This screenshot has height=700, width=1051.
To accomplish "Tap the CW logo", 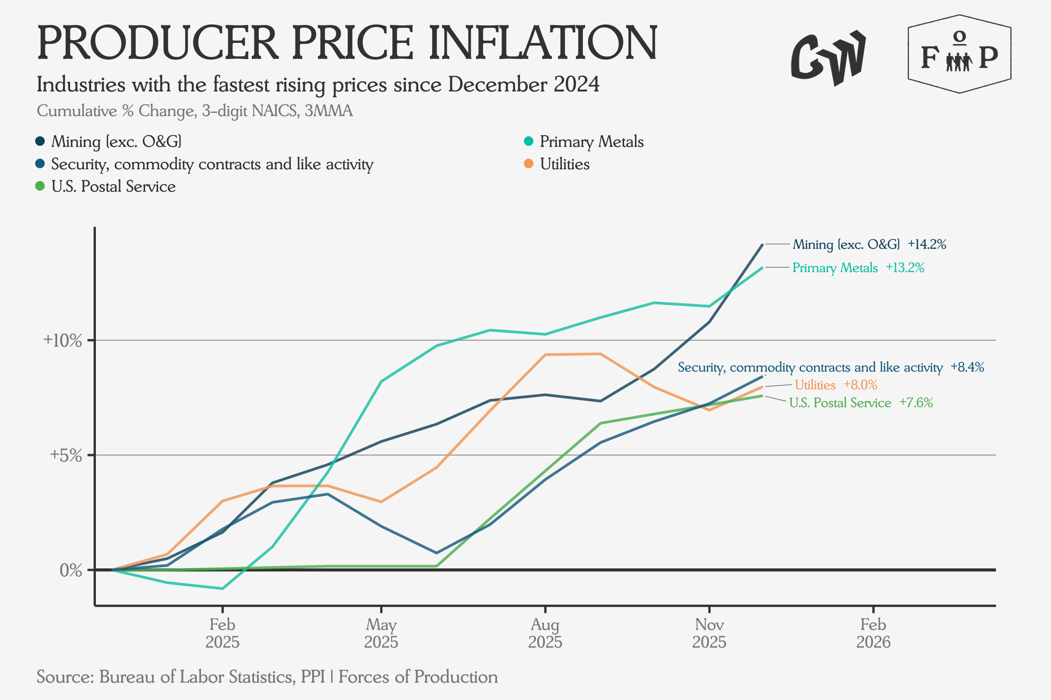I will click(x=828, y=58).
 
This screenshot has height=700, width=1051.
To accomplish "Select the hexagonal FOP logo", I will click(x=959, y=54).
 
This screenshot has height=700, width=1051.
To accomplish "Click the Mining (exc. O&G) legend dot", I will click(x=40, y=141).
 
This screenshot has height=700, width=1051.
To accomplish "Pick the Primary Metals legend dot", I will click(x=529, y=141).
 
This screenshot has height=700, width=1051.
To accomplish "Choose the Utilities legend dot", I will click(x=529, y=164).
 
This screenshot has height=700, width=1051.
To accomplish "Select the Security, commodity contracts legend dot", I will click(x=40, y=164).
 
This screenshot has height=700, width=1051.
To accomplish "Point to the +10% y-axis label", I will click(x=63, y=341).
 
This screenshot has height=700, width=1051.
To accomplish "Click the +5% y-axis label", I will click(x=66, y=455).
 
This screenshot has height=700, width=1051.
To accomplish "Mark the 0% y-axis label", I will click(x=71, y=570).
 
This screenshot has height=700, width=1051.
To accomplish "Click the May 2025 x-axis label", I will click(x=381, y=633).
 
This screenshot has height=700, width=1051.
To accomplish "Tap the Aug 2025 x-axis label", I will click(x=545, y=633).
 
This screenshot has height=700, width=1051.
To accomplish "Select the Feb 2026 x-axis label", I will click(x=873, y=633).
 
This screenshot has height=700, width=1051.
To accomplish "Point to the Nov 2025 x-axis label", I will click(x=709, y=633).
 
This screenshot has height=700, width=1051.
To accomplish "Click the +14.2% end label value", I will click(x=927, y=245).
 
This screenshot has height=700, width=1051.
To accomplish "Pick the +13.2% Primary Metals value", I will click(x=905, y=268).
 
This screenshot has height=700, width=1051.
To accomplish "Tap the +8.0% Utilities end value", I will click(x=860, y=385).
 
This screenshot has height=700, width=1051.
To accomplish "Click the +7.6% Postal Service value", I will click(x=916, y=402).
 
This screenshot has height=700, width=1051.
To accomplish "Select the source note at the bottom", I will click(x=267, y=677).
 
